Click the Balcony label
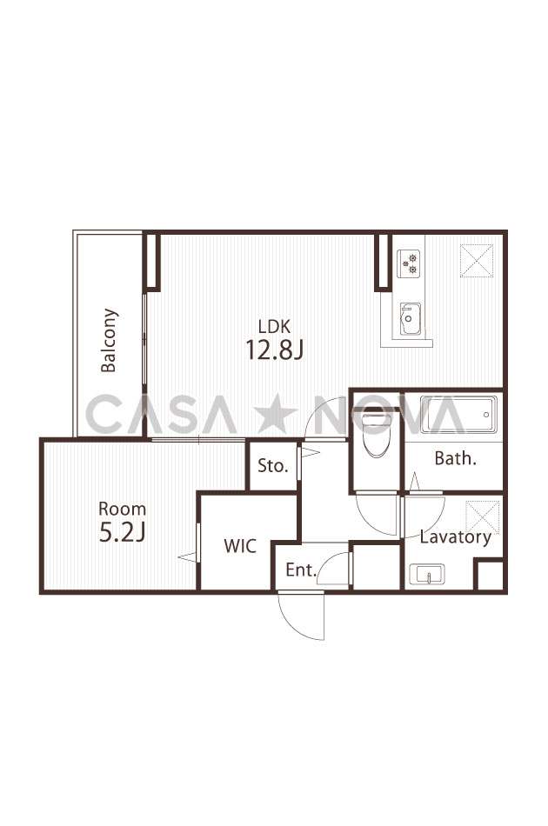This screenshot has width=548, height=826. click(x=109, y=340)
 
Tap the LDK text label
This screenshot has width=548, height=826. click(x=274, y=327)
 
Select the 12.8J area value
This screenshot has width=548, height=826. click(x=274, y=350)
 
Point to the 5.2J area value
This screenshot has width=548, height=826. click(x=123, y=533)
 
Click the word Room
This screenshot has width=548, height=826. click(x=123, y=509)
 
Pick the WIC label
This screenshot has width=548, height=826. click(x=240, y=546)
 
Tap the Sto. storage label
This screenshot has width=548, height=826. click(x=273, y=466)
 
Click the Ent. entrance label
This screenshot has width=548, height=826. click(x=301, y=570)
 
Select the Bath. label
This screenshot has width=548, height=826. click(x=455, y=458)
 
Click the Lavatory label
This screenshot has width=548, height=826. click(x=455, y=537)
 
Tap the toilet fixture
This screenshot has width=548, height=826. click(x=376, y=435)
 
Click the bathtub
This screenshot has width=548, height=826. click(x=458, y=415)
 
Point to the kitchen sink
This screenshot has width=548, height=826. click(x=410, y=319)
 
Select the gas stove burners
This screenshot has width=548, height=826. click(x=409, y=263)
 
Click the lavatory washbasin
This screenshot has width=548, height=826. click(x=427, y=574)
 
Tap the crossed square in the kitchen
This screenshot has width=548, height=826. click(x=477, y=260)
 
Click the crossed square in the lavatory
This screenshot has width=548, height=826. click(x=482, y=518)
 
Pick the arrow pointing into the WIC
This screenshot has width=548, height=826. click(x=188, y=556)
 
